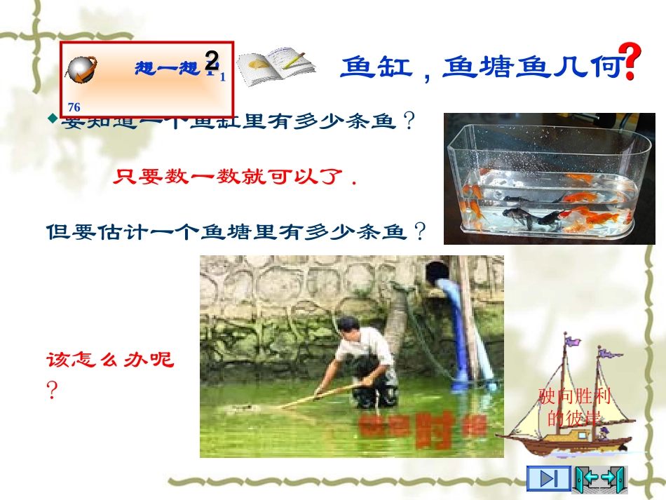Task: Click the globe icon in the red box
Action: (x=83, y=69)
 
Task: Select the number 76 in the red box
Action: (x=74, y=107)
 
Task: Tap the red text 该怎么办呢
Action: (x=109, y=360)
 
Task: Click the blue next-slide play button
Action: (x=548, y=478)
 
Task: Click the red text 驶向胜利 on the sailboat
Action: (x=575, y=397)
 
